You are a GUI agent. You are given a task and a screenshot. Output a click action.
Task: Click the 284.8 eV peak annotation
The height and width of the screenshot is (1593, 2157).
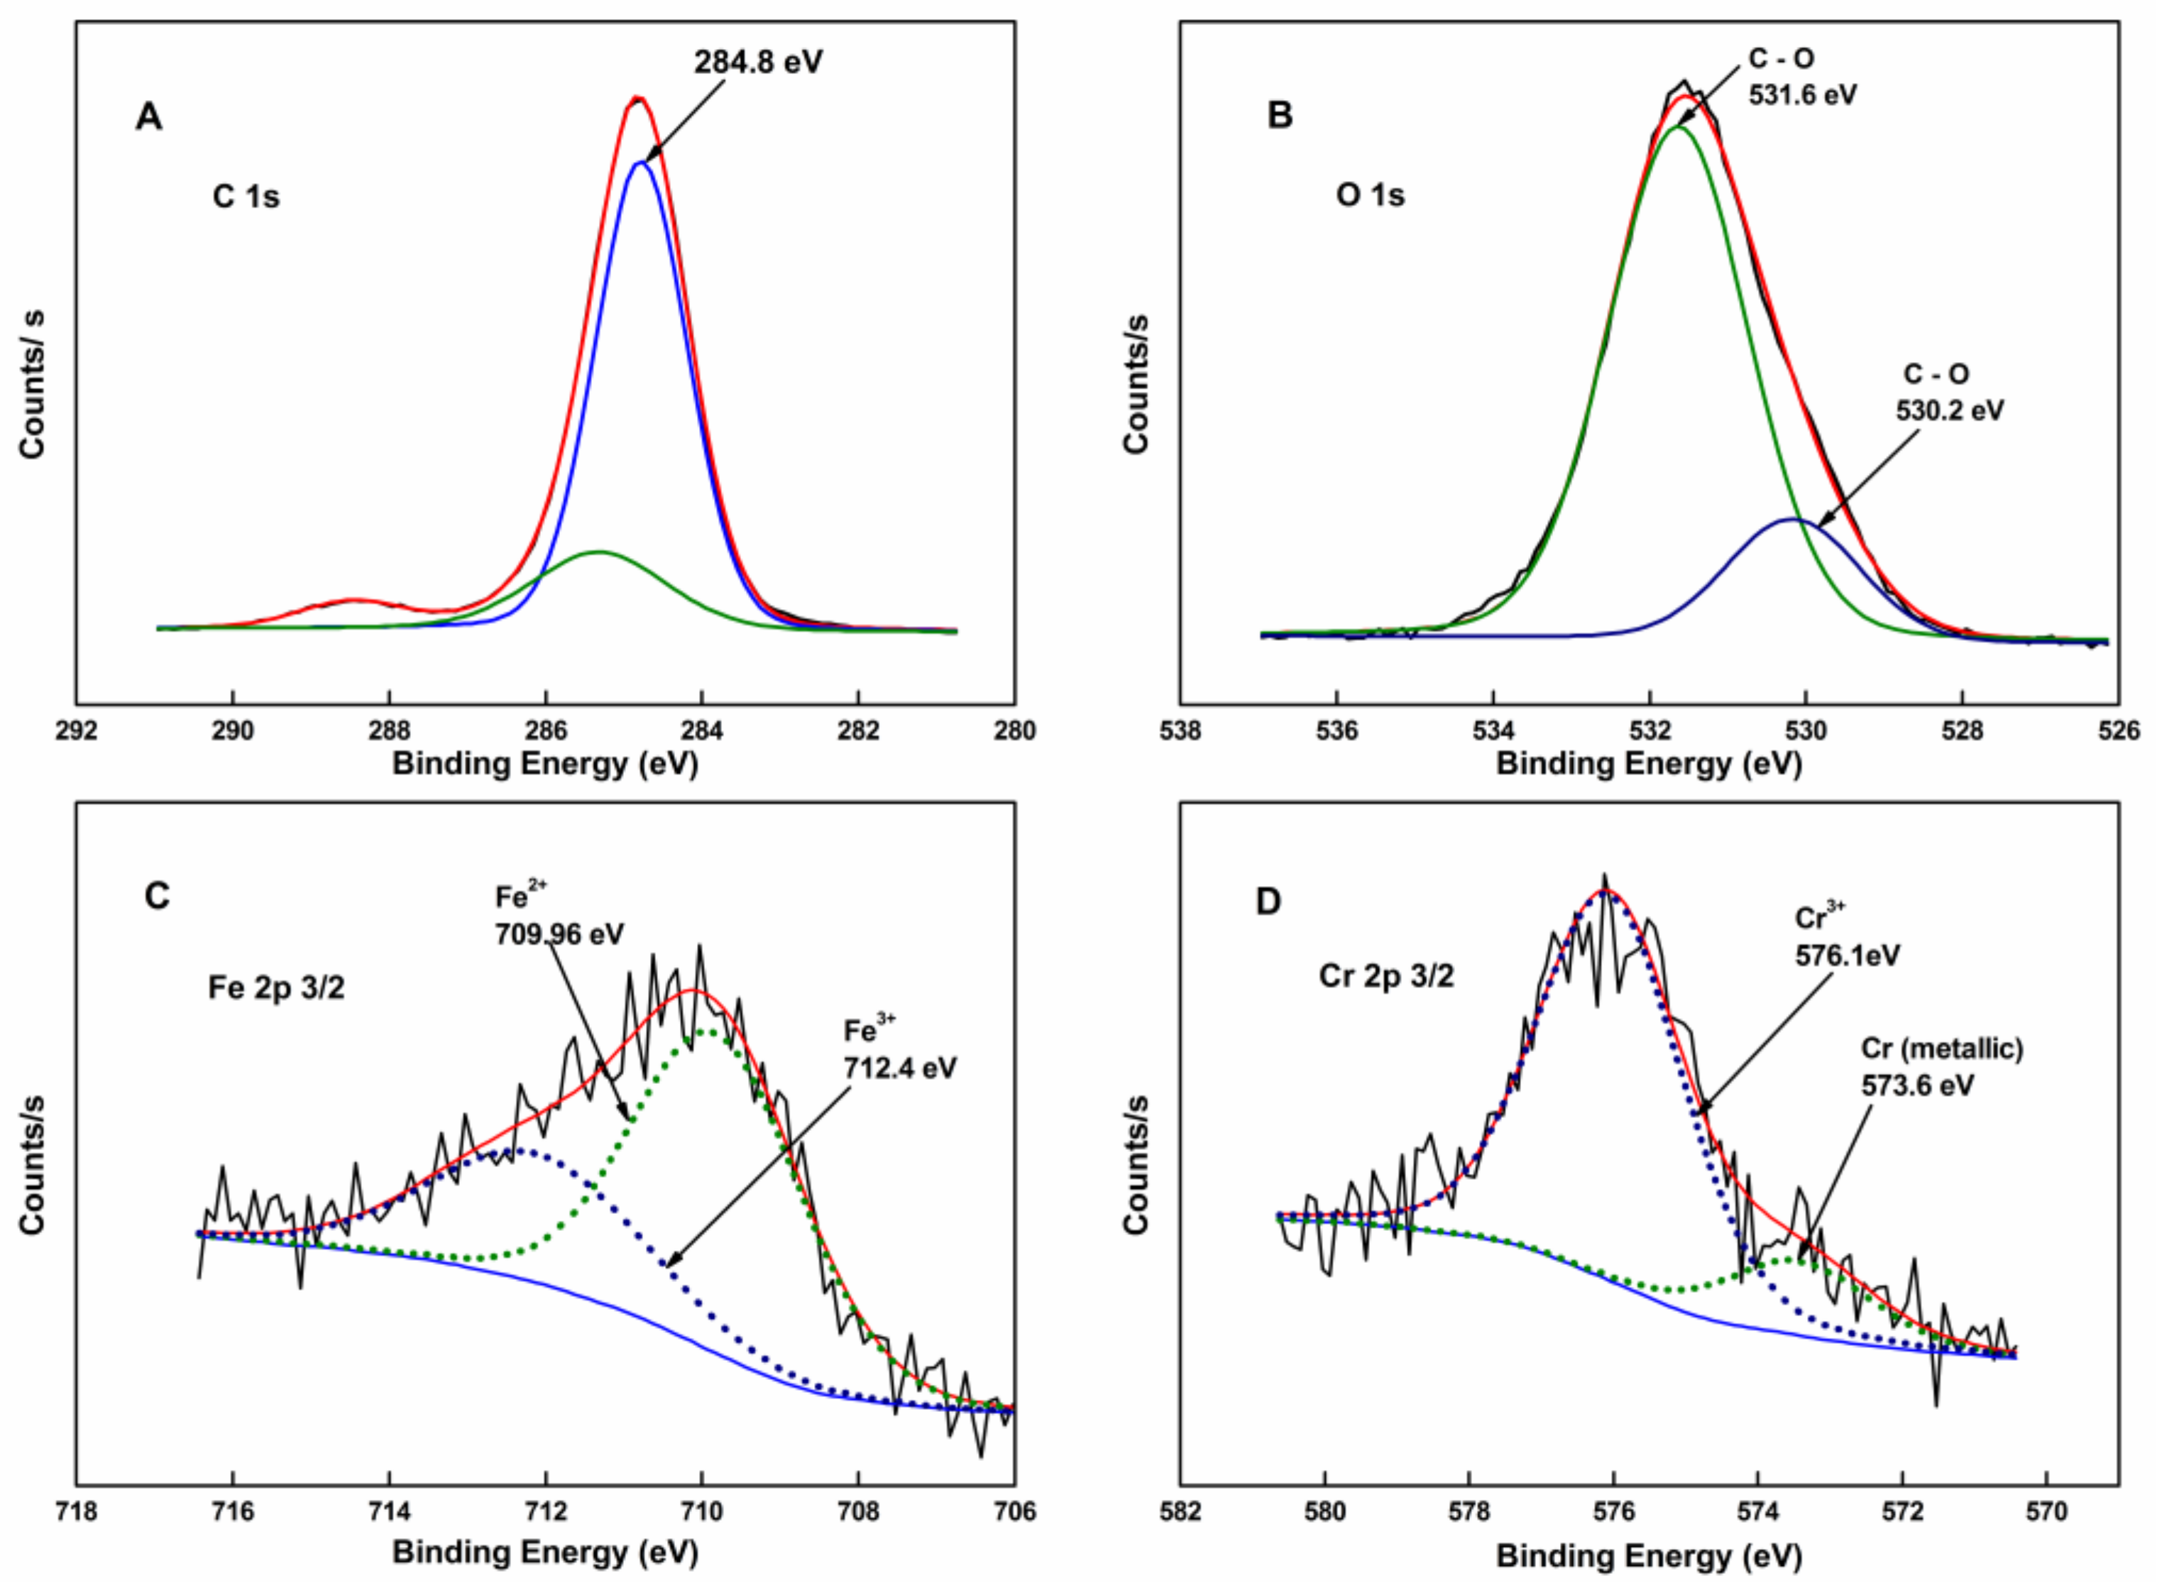(758, 62)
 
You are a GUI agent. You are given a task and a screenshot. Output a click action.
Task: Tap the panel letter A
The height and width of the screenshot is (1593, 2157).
(148, 118)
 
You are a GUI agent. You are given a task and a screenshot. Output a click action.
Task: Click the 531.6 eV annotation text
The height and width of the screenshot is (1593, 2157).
(1802, 95)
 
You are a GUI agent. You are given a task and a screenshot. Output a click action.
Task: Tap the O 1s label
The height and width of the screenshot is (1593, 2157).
(1369, 196)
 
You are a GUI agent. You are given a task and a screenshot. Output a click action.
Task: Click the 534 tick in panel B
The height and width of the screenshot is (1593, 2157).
(1493, 731)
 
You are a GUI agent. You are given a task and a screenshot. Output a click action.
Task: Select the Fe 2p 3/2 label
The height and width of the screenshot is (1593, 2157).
(276, 988)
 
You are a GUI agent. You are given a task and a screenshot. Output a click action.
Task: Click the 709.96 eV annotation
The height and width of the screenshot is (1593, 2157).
(559, 934)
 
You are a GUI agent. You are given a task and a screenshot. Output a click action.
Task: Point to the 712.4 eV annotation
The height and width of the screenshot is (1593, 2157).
(899, 1068)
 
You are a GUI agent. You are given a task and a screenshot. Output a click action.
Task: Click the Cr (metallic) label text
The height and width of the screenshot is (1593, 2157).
(1942, 1049)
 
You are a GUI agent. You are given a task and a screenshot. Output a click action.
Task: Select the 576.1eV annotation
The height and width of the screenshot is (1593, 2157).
(1847, 955)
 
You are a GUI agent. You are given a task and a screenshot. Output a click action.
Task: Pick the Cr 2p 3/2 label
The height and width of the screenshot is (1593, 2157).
(1385, 976)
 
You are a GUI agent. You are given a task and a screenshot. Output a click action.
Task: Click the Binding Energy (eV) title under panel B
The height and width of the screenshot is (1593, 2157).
(1649, 764)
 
